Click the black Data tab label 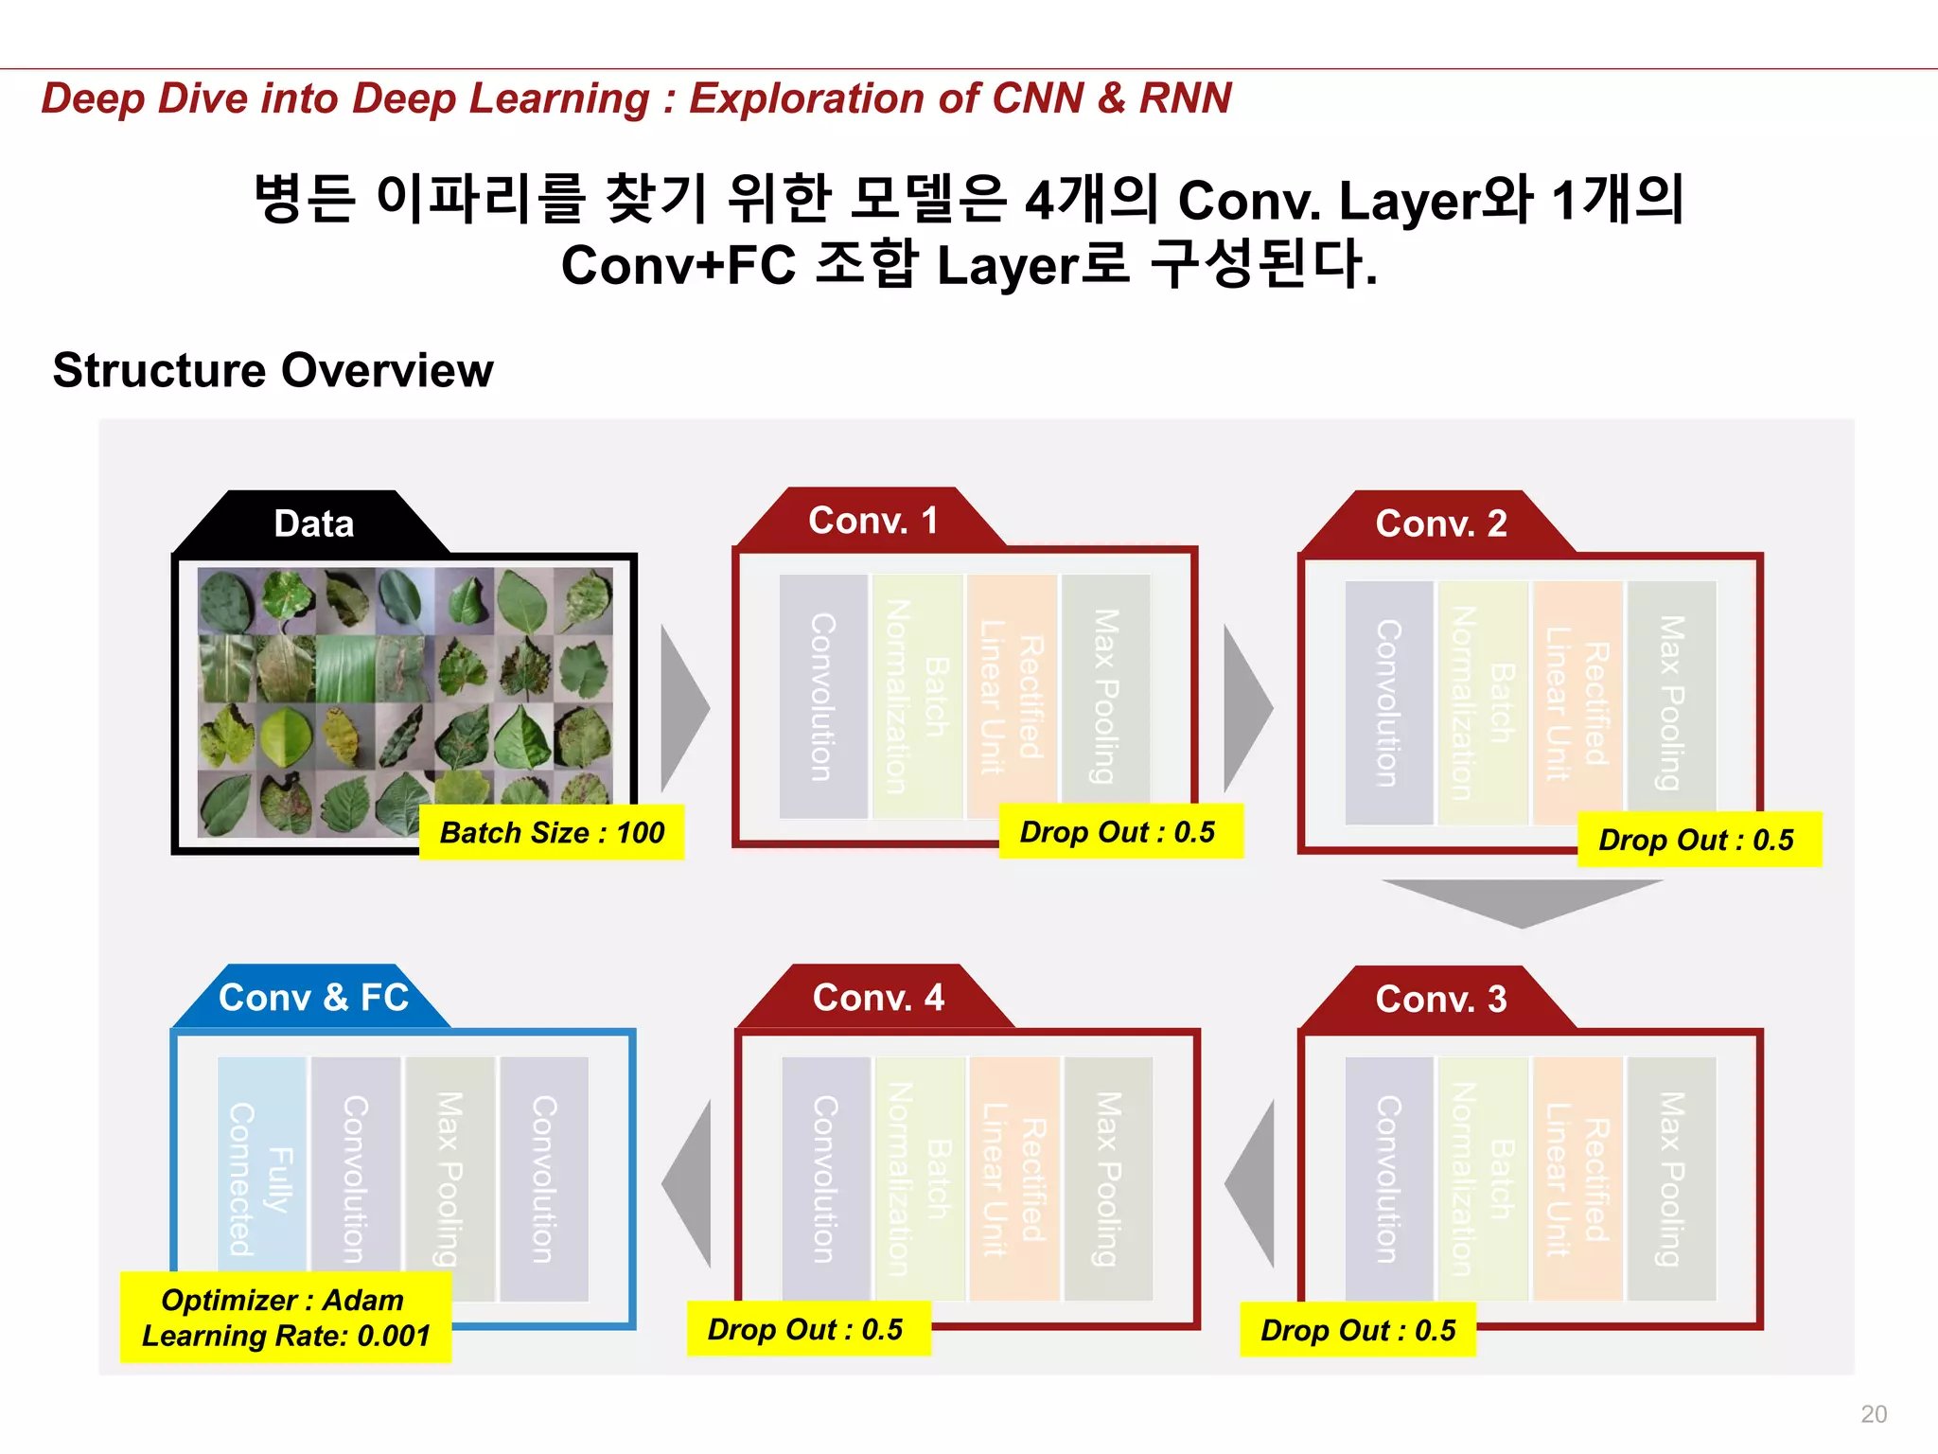[x=313, y=523]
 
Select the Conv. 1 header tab [x=872, y=520]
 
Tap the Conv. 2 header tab [x=1440, y=523]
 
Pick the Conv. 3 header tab [x=1440, y=999]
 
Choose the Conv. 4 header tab [x=877, y=997]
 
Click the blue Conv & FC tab [x=313, y=997]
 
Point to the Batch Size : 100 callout [x=552, y=833]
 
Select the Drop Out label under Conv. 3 [x=1358, y=1330]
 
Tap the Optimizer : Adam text [x=282, y=1300]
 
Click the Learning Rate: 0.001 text [x=286, y=1336]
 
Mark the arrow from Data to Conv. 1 [x=683, y=708]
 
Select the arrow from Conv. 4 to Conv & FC [x=689, y=1183]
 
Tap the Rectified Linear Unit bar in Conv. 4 [x=1013, y=1179]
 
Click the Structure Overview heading [x=273, y=370]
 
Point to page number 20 [x=1873, y=1413]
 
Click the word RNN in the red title [x=1185, y=98]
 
